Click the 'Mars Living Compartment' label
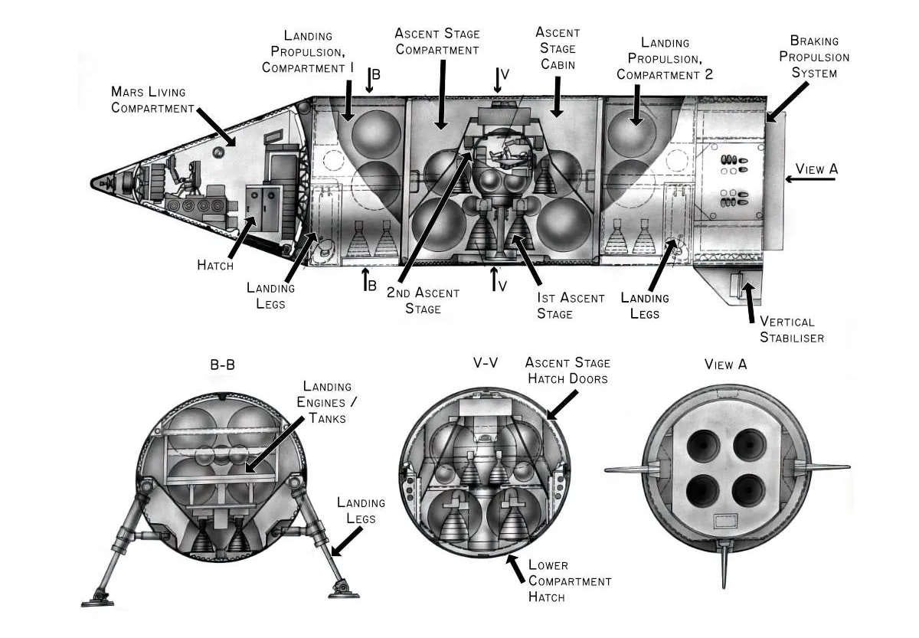pos(153,99)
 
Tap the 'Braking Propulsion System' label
pos(820,57)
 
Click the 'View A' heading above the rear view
pos(725,365)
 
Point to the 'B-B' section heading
pos(222,365)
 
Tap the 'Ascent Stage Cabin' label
pos(558,49)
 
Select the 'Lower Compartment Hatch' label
pos(570,581)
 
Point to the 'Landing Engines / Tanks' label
pos(327,402)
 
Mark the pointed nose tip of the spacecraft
pos(93,183)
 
